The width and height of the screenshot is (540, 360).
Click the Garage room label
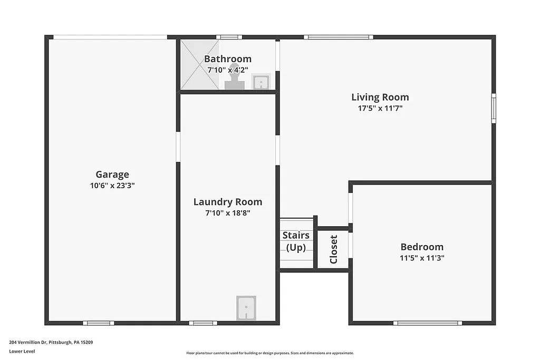112,174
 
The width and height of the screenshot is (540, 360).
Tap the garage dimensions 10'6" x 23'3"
112,186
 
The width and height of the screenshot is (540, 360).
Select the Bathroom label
227,59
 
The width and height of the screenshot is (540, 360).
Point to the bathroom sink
261,82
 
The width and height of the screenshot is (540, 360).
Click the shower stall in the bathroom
199,64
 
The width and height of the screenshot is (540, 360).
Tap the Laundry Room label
227,202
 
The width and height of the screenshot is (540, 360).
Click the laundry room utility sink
246,307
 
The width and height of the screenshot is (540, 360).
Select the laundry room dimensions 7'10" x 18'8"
227,213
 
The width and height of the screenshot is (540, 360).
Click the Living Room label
380,97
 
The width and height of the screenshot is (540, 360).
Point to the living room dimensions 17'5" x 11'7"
380,108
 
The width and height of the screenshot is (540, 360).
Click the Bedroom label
422,247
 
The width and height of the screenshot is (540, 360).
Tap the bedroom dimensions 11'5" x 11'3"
422,258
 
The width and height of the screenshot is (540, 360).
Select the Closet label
333,249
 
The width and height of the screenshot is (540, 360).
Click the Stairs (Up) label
296,241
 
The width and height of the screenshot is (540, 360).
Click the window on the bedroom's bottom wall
427,323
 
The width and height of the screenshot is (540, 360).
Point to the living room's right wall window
494,108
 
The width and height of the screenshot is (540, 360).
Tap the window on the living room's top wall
338,37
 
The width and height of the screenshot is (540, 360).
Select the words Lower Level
22,351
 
